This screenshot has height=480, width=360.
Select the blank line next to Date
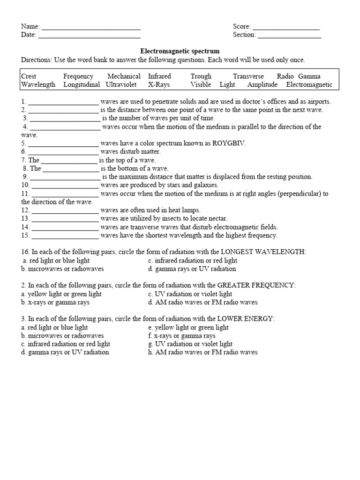coord(89,36)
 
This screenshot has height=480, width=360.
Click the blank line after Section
coord(289,36)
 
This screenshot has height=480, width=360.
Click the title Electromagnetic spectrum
coord(180,51)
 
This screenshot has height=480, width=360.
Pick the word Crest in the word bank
coord(29,76)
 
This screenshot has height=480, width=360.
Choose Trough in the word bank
coord(201,76)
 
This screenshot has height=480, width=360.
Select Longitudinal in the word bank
coord(82,85)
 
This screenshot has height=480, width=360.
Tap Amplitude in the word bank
coord(262,85)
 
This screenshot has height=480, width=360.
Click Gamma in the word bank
coord(309,76)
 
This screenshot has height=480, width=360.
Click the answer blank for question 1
coord(63,102)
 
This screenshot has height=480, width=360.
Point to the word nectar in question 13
coord(217,219)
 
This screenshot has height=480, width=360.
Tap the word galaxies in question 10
coord(204,185)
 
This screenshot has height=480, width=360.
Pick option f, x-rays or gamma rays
coord(181,336)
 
